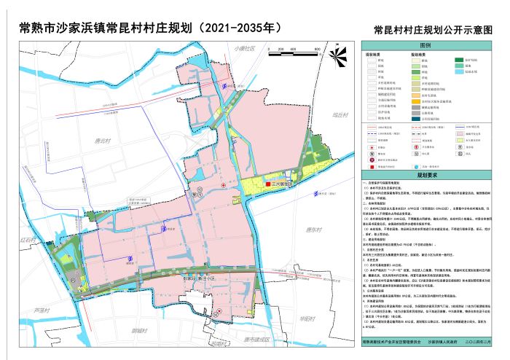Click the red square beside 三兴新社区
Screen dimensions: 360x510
(268, 184)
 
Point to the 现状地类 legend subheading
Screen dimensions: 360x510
(374, 55)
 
